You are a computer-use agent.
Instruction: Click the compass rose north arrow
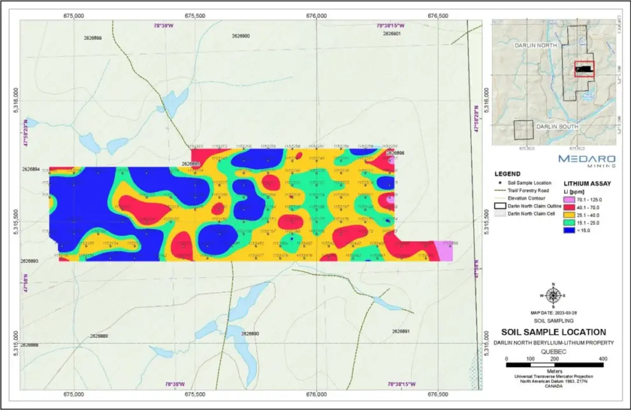tap(553, 295)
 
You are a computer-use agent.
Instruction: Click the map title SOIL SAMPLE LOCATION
tap(553, 332)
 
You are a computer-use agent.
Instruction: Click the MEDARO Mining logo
tap(586, 159)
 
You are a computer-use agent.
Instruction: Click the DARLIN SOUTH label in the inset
tap(556, 127)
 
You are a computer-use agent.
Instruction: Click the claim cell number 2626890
tap(250, 333)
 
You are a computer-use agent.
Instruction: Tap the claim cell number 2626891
tap(400, 332)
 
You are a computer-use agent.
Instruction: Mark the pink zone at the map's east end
tap(444, 252)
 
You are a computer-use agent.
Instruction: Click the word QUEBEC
tap(553, 351)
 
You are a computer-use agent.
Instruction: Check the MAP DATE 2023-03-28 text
tap(553, 313)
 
